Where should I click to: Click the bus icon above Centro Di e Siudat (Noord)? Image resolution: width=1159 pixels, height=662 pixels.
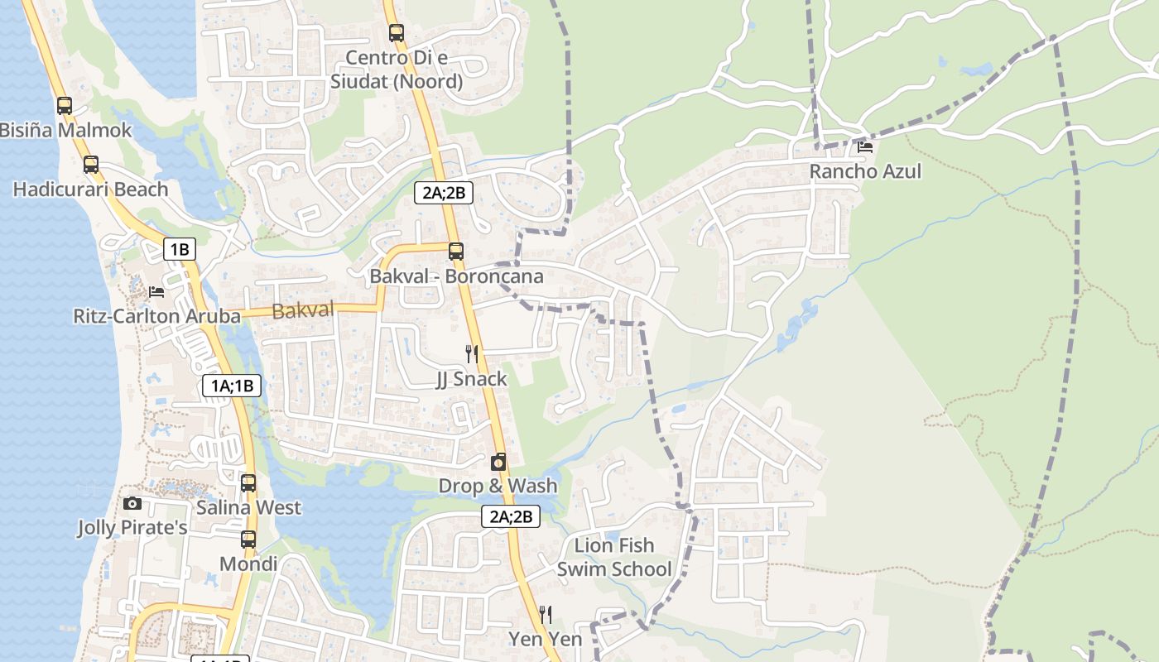click(x=397, y=33)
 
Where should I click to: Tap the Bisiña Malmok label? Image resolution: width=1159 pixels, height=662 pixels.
click(x=66, y=130)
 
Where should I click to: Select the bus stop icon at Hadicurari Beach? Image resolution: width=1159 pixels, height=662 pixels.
click(x=91, y=164)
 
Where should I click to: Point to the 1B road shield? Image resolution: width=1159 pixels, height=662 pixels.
click(x=180, y=249)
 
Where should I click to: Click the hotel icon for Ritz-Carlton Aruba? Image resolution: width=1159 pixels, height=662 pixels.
click(x=156, y=291)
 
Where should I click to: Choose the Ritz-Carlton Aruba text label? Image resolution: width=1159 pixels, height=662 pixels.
click(x=156, y=316)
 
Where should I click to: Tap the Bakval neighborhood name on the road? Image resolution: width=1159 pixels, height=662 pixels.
click(x=303, y=310)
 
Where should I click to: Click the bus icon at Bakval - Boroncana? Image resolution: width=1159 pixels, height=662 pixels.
click(x=456, y=251)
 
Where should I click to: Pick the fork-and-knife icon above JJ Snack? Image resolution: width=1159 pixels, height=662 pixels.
click(x=472, y=354)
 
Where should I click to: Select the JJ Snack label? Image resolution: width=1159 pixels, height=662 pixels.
click(x=472, y=379)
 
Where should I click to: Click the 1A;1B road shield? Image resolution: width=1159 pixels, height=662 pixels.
click(x=232, y=385)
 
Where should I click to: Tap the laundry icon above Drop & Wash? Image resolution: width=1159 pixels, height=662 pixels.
click(x=498, y=462)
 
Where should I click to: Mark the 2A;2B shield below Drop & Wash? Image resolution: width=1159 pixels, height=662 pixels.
click(x=511, y=517)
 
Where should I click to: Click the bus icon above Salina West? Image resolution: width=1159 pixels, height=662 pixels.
click(x=248, y=482)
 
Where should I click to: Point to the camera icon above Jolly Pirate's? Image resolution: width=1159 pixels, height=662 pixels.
click(x=132, y=503)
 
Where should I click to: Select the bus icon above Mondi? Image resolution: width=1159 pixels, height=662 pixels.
click(x=248, y=540)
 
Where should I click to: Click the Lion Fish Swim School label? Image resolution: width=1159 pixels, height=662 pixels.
click(x=614, y=557)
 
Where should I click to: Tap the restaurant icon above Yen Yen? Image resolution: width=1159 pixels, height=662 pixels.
click(x=546, y=614)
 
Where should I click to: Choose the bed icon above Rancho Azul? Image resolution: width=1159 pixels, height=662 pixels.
click(x=865, y=147)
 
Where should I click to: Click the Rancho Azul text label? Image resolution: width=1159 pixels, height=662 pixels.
click(x=865, y=171)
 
